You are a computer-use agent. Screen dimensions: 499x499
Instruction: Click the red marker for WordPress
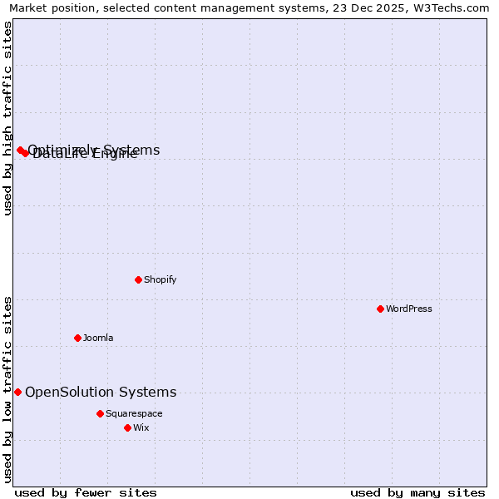pos(380,309)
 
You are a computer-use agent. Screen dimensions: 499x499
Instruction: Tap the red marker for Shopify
pos(138,279)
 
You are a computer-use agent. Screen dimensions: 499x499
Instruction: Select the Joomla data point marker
pos(77,338)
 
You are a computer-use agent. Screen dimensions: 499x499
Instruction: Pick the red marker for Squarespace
pos(100,413)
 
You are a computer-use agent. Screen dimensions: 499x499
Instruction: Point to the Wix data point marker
pos(127,427)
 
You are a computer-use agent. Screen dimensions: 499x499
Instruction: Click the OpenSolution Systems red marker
pos(17,392)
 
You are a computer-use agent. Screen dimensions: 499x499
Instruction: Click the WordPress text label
pos(409,309)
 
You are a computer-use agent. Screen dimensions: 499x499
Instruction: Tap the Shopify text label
pos(161,279)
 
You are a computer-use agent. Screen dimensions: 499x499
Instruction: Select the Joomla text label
pos(98,338)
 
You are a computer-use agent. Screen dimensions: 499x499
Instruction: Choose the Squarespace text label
pos(134,413)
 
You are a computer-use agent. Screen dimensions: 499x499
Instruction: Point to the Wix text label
pos(141,427)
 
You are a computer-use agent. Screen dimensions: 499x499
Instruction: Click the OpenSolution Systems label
pos(101,392)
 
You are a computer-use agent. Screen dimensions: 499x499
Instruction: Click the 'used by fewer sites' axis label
pos(86,492)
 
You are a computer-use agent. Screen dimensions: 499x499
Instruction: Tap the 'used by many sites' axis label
pos(417,492)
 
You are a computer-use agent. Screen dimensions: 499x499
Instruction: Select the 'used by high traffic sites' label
pos(7,118)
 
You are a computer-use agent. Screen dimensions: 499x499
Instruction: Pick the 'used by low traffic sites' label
pos(7,389)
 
